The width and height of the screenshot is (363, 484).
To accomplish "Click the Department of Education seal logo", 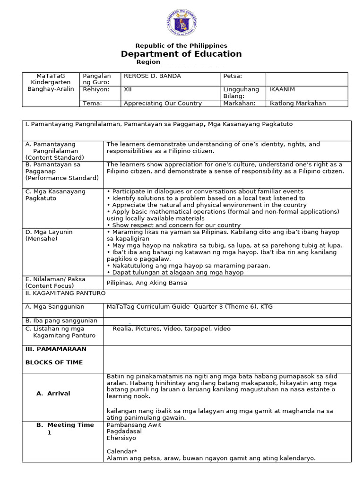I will [181, 24].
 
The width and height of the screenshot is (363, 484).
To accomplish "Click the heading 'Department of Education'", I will [181, 54].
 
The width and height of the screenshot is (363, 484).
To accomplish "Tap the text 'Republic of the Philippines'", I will [181, 45].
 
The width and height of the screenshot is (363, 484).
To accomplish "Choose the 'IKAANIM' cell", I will [281, 89].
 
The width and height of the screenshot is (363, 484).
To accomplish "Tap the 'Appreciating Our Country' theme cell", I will [163, 104].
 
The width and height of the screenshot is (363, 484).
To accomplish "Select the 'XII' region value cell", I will [128, 89].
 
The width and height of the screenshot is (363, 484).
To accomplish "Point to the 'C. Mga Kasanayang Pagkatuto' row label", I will [55, 195].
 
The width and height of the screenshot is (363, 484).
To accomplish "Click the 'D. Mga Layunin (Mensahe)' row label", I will [49, 235].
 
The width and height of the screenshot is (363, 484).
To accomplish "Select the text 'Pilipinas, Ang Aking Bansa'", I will [147, 283].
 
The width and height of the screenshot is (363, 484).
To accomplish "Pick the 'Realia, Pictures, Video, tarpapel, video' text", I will [172, 328].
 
